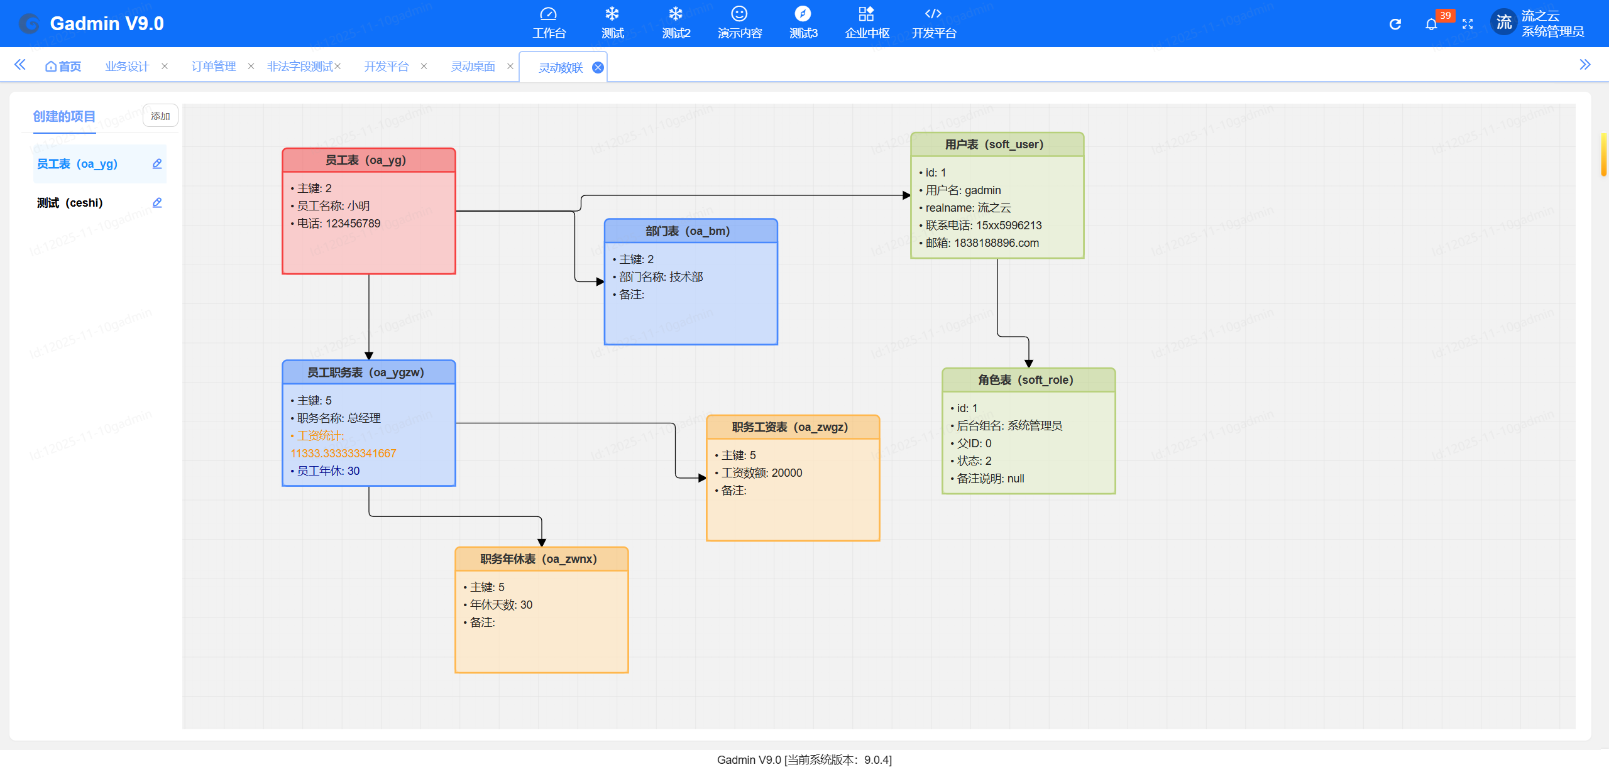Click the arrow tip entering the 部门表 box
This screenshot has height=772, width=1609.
[604, 281]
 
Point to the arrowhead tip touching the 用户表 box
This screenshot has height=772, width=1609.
[911, 195]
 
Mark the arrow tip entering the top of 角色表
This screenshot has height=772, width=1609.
[1029, 368]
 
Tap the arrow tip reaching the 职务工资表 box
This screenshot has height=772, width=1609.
[706, 478]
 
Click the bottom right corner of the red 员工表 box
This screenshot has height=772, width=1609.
[456, 274]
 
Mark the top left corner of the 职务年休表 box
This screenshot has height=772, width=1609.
[456, 548]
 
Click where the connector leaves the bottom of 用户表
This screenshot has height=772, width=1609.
[997, 258]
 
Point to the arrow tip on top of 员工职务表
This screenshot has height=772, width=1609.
[369, 360]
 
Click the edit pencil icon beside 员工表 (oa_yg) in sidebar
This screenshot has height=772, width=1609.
[157, 164]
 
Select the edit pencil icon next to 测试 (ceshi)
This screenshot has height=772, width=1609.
[157, 203]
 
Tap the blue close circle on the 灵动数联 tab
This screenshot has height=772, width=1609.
[598, 67]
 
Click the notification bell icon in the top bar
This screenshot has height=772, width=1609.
[1431, 24]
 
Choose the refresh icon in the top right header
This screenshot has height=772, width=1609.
[1395, 24]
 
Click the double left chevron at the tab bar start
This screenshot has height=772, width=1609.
[20, 65]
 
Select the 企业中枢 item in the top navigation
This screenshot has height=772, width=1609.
[867, 23]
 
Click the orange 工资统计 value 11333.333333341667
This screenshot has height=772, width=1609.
[343, 454]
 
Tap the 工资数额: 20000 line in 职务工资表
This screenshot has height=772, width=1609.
[759, 473]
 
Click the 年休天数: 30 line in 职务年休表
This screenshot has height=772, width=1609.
[498, 605]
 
